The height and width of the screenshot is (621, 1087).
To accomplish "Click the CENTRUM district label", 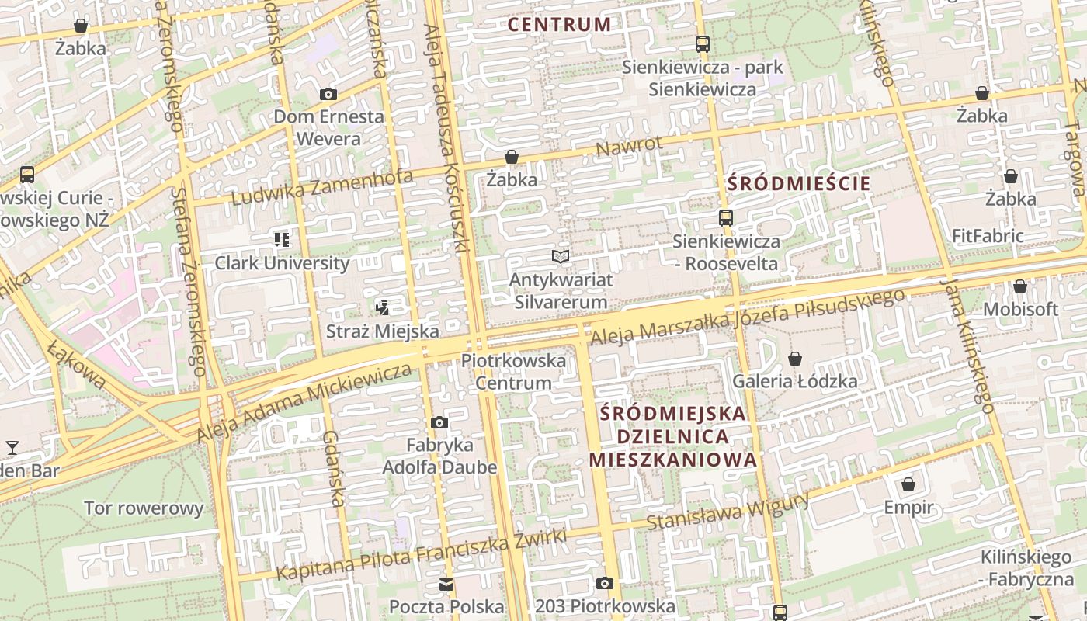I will [x=559, y=24].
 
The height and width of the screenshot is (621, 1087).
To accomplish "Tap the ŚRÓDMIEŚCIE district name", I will [x=799, y=184].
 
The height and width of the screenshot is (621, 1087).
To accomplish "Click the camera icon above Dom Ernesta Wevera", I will [x=328, y=95].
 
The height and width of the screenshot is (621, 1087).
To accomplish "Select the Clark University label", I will [x=282, y=263].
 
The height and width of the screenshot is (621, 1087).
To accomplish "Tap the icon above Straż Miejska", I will [x=382, y=308].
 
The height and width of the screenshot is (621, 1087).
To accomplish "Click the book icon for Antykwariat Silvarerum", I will [x=561, y=256].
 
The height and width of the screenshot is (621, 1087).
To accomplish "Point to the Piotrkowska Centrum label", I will [x=513, y=372].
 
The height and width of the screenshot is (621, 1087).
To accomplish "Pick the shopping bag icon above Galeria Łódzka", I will [x=794, y=359].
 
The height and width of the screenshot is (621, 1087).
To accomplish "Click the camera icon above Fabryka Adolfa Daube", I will [x=439, y=423].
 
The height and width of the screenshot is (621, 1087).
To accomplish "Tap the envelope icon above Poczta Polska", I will [x=446, y=585].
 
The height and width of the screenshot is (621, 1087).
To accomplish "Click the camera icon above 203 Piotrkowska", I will [x=605, y=584].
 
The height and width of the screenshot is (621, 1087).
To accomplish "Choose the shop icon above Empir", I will [x=908, y=485].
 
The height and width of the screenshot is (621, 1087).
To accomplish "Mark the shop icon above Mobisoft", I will [x=1020, y=287].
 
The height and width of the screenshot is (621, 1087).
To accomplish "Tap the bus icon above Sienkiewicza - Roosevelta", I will [x=725, y=218].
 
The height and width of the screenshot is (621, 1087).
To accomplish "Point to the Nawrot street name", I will [x=629, y=145].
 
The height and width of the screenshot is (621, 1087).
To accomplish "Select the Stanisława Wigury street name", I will [x=728, y=512].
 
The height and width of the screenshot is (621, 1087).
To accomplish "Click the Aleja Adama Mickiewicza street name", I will [x=304, y=401].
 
